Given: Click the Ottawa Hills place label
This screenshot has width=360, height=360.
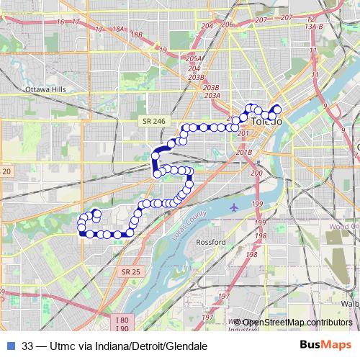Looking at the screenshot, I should point(45,89).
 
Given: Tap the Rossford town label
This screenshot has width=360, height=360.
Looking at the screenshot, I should point(211,242).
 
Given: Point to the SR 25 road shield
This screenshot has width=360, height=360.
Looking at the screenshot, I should point(132,271).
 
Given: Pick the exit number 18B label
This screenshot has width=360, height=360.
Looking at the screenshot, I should point(136,34).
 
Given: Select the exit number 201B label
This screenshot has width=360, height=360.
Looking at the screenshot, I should point(243,152).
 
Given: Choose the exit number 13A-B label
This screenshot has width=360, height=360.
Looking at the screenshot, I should point(314,26).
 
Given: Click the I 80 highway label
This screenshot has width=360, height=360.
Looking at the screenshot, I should point(122,320).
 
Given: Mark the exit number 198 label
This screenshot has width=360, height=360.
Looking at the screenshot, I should point(261,235).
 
